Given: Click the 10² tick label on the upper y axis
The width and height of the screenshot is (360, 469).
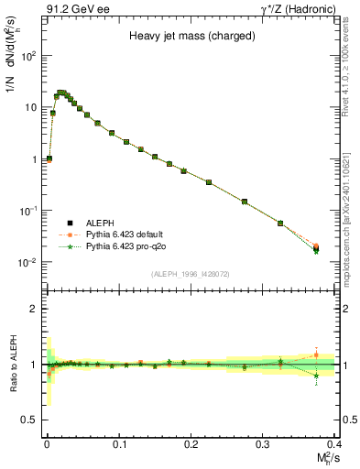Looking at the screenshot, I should [29, 56].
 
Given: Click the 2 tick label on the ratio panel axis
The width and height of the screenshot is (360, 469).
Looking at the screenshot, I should [36, 309].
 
